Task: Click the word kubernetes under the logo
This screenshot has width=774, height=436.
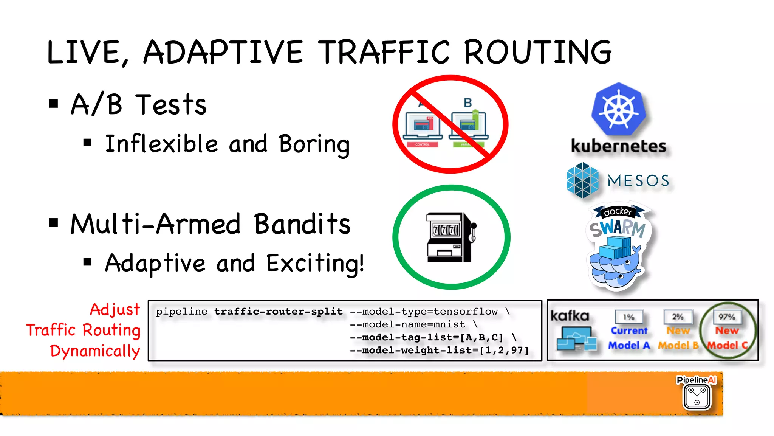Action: tap(618, 146)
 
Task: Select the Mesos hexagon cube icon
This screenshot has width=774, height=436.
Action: tap(582, 180)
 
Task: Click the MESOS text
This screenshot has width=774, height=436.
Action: tap(638, 181)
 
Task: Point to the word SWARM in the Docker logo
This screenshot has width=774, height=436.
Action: tap(618, 228)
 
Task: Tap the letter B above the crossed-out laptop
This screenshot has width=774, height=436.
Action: tap(467, 102)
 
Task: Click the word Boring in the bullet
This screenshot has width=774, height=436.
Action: tap(314, 144)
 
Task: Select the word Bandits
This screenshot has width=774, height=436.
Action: tap(302, 224)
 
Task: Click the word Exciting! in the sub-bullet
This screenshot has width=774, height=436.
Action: tap(315, 263)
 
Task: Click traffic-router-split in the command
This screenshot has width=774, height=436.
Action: tap(278, 312)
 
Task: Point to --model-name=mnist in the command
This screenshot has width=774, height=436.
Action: tap(407, 324)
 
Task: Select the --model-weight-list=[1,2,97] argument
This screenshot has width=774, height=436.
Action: tap(439, 350)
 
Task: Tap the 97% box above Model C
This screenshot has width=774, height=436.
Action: tap(727, 317)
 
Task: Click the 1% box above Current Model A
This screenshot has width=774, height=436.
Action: tap(628, 317)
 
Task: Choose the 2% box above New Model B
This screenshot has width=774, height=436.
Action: tap(678, 317)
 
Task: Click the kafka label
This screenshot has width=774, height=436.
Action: tap(570, 316)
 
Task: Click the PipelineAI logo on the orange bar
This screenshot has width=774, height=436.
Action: tap(697, 393)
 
